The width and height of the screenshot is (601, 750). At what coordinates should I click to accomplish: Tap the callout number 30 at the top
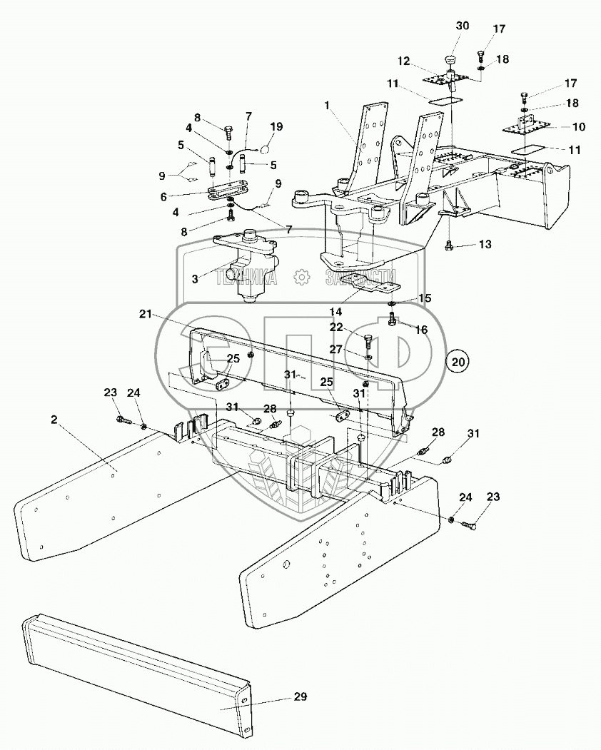coord(463,26)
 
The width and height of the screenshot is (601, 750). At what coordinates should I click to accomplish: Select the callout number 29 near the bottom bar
coord(300,696)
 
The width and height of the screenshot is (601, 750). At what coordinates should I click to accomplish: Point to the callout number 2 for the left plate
coord(54,420)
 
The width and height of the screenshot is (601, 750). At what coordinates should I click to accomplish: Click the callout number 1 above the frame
coord(327,105)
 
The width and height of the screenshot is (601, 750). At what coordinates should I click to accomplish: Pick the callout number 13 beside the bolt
coord(485,245)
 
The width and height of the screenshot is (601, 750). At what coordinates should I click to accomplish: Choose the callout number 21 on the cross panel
coord(146,313)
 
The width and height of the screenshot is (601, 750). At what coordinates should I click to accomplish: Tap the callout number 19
coord(276,126)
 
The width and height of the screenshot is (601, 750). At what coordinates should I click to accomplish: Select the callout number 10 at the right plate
coord(578,127)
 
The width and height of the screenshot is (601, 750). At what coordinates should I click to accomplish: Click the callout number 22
coord(337,326)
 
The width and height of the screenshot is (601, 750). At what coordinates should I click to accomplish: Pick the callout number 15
coord(424,298)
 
